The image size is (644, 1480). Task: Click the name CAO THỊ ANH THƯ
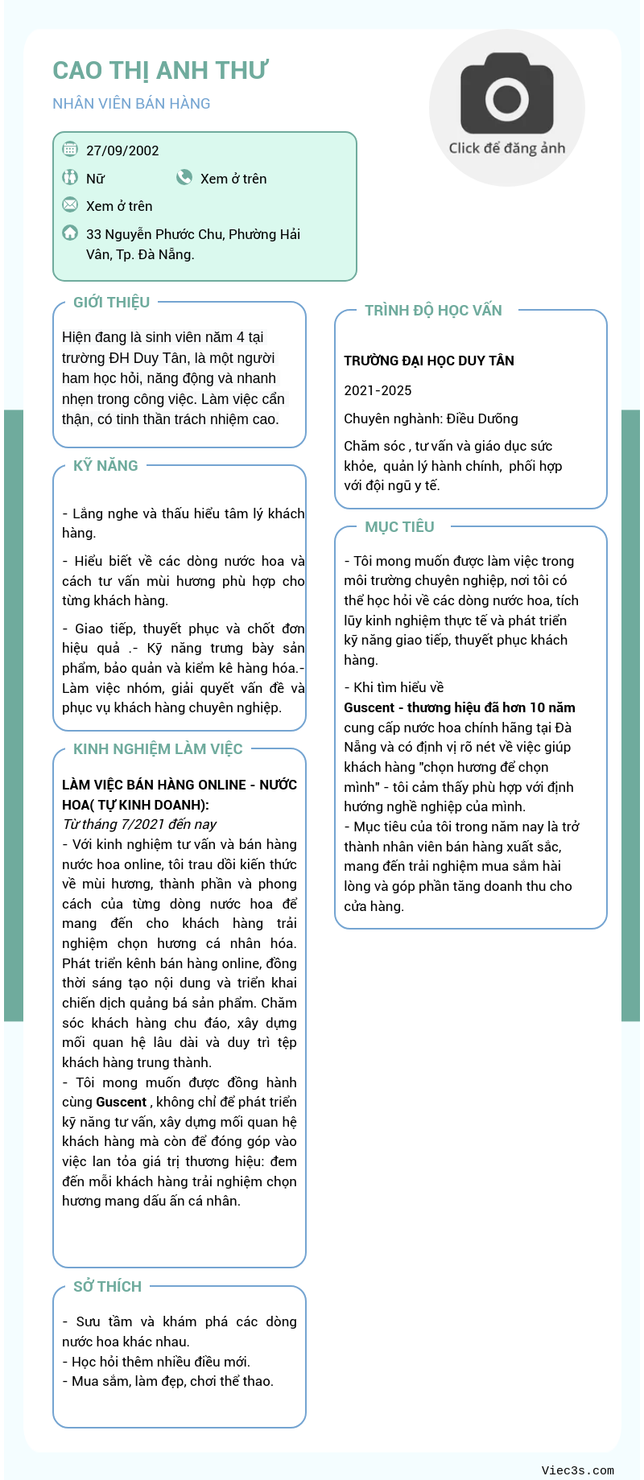pyautogui.click(x=160, y=71)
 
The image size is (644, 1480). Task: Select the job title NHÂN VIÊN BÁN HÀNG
pyautogui.click(x=131, y=104)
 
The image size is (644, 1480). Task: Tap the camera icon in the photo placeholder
pyautogui.click(x=507, y=94)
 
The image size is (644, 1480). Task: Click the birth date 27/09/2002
pyautogui.click(x=122, y=150)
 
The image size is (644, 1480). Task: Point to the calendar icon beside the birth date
pyautogui.click(x=70, y=149)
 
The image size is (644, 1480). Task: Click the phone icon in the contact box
pyautogui.click(x=184, y=177)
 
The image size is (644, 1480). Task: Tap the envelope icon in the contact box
pyautogui.click(x=70, y=204)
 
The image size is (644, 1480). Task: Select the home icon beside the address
pyautogui.click(x=70, y=233)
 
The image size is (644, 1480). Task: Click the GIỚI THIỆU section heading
pyautogui.click(x=111, y=303)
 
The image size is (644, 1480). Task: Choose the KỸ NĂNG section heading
pyautogui.click(x=105, y=466)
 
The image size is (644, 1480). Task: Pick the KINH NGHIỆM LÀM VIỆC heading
pyautogui.click(x=158, y=749)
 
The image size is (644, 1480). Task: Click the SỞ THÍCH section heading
pyautogui.click(x=107, y=1287)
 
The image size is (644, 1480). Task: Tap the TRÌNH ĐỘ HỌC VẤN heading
pyautogui.click(x=433, y=311)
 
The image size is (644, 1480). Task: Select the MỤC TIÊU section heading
pyautogui.click(x=399, y=527)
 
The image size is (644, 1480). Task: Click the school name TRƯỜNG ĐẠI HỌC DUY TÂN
pyautogui.click(x=429, y=361)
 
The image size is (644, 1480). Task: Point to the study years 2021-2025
pyautogui.click(x=378, y=390)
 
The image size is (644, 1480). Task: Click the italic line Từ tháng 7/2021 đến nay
pyautogui.click(x=139, y=824)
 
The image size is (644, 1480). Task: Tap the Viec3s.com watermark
pyautogui.click(x=577, y=1470)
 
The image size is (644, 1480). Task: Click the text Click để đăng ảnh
pyautogui.click(x=507, y=148)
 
